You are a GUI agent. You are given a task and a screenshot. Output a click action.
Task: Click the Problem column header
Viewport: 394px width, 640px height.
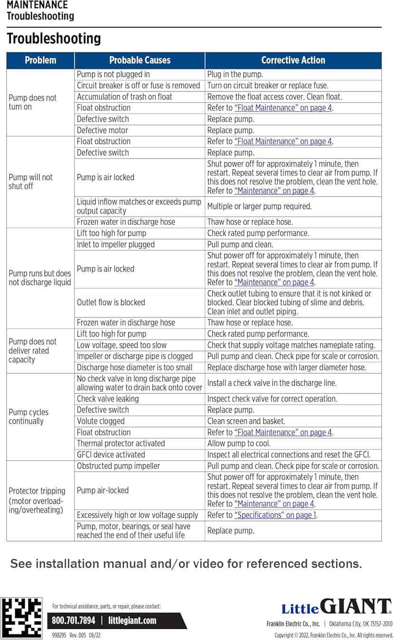[40, 60]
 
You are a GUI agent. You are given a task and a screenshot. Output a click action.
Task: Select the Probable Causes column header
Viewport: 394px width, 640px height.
[139, 60]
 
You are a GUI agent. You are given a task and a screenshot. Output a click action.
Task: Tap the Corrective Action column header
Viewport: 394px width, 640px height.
[293, 60]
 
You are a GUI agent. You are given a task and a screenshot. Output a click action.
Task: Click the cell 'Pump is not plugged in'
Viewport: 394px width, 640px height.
[113, 74]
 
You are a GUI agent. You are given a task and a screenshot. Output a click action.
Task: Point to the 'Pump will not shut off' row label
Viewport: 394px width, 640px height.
[30, 181]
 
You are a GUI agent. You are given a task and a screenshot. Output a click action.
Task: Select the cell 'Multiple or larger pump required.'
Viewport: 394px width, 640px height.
[259, 206]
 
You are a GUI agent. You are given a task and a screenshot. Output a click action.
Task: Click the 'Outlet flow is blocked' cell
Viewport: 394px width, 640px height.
[111, 302]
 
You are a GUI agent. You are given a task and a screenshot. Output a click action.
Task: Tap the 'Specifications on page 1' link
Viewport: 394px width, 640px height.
[276, 515]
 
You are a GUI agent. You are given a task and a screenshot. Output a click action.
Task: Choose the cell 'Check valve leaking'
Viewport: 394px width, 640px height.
[108, 399]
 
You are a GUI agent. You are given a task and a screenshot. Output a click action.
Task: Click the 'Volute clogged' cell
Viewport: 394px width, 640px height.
[101, 421]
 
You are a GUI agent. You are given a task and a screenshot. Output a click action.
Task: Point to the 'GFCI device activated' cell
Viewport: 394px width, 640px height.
[111, 455]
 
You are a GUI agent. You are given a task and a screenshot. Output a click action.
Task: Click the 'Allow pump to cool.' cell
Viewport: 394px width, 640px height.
[239, 443]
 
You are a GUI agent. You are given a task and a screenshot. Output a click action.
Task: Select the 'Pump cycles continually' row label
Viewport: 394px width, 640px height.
[29, 417]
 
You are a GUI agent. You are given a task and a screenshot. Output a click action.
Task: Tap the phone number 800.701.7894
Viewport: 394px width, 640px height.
[74, 620]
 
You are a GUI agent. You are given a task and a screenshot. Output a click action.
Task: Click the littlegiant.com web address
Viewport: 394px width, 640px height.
[132, 620]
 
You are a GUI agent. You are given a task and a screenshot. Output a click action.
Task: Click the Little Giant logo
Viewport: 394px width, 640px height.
[336, 607]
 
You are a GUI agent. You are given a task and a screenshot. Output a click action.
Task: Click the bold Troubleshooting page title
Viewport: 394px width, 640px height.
[54, 39]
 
